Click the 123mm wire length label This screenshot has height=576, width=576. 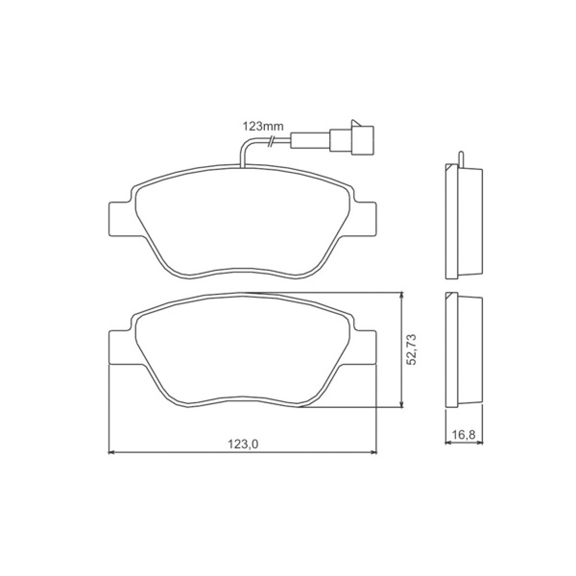[263, 127]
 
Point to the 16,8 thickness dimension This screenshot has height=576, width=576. [463, 435]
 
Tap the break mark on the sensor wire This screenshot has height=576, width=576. [271, 142]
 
